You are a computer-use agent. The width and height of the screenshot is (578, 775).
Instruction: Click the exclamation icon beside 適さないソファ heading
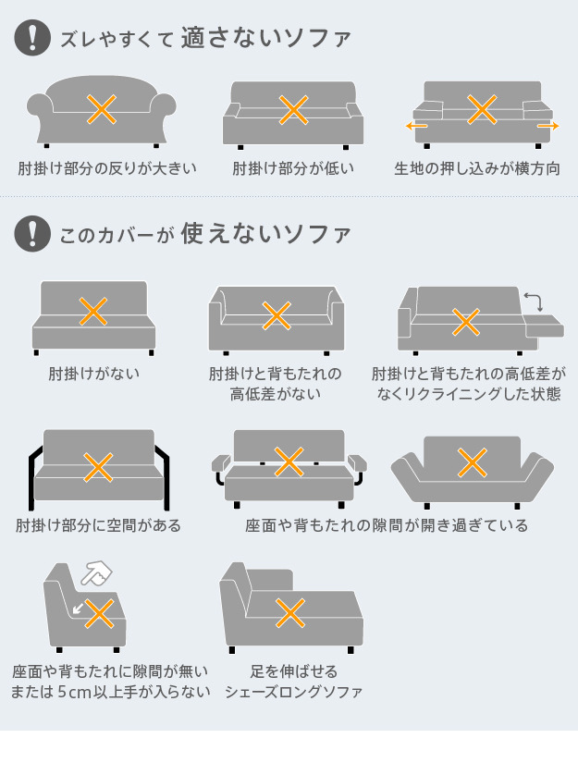(32, 38)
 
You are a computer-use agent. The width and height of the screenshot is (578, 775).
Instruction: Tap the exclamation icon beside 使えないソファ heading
(32, 234)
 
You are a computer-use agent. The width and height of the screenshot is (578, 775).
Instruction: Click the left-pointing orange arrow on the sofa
(416, 126)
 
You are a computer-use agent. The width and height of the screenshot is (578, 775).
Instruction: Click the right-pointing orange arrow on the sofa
(547, 126)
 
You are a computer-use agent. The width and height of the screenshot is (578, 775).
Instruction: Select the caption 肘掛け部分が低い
(293, 168)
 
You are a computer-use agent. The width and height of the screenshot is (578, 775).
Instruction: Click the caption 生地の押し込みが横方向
(477, 168)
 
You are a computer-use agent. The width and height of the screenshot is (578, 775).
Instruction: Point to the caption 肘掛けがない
(94, 374)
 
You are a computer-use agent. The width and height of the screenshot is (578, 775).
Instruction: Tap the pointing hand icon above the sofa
(96, 573)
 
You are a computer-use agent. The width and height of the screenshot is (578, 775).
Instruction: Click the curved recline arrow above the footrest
(534, 301)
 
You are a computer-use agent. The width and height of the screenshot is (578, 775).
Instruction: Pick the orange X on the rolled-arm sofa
(102, 109)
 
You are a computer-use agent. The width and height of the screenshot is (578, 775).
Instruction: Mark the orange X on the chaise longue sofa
(290, 613)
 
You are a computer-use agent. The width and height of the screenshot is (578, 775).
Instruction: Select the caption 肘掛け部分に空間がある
(98, 525)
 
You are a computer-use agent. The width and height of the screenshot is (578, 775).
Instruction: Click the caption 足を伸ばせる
(294, 671)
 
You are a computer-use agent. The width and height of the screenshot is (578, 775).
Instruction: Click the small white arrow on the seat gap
(78, 608)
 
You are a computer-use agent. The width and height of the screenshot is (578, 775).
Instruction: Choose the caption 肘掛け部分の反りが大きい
(107, 168)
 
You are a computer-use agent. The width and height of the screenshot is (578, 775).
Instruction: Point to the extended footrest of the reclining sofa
(544, 326)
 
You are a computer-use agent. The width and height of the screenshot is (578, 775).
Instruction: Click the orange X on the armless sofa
(93, 312)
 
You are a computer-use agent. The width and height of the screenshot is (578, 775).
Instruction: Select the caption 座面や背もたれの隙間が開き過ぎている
(387, 525)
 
